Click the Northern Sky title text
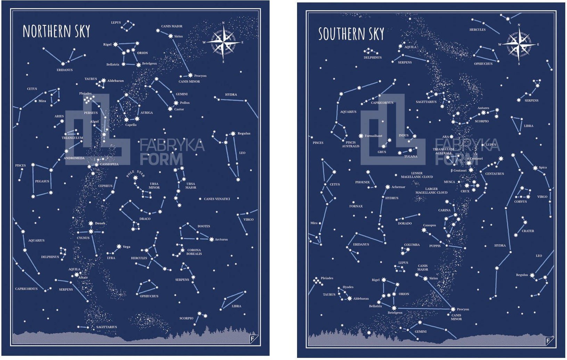pos(56,31)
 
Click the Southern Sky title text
pos(351,34)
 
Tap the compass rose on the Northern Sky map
pos(223,42)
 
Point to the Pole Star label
pos(135,173)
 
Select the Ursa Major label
pos(191,186)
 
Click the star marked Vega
pos(119,246)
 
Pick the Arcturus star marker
pos(212,239)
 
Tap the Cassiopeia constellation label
pos(109,164)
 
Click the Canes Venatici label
pos(217,199)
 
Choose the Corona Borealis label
pos(194,252)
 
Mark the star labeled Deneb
pos(91,223)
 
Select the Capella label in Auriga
pos(131,125)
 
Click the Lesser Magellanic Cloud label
pos(417,175)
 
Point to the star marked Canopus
pos(424,230)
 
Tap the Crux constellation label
pos(465,191)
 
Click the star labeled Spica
pos(535,168)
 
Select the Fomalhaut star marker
pos(361,136)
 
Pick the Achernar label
pos(398,187)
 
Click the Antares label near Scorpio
pos(483,108)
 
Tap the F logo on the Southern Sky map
pos(548,341)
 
